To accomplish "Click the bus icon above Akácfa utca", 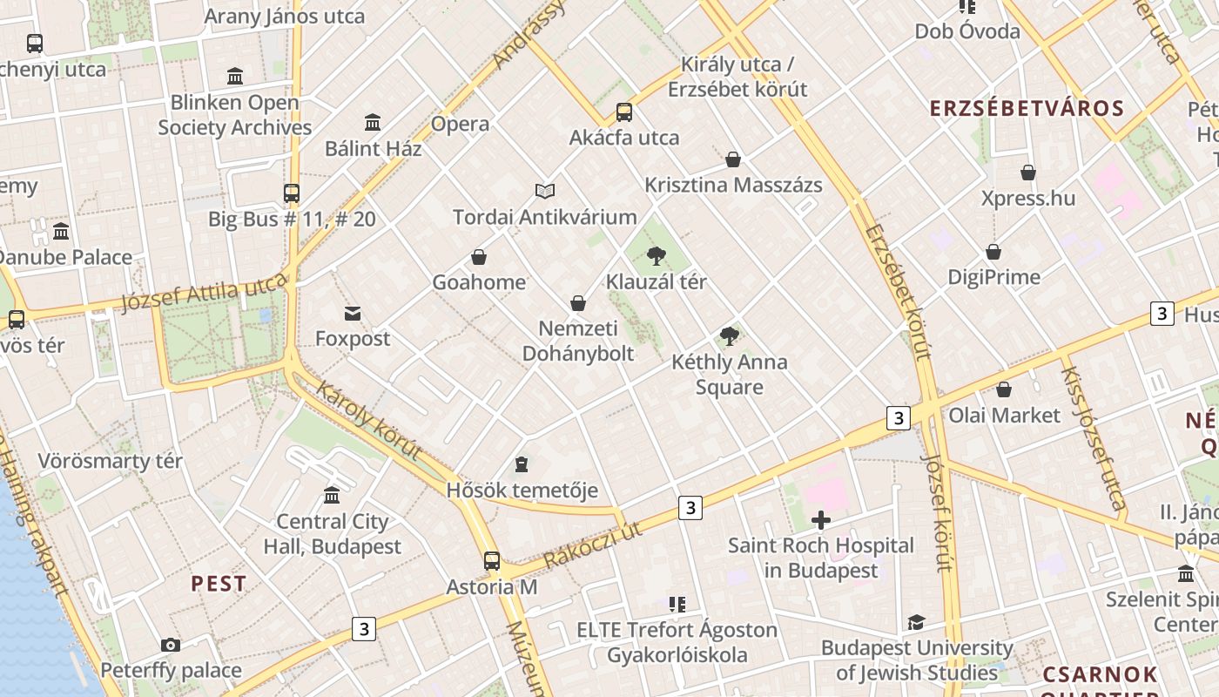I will click(x=624, y=112).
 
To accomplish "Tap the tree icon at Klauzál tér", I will click(x=657, y=256).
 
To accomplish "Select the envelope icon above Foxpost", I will click(x=353, y=313).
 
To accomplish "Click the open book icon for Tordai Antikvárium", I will click(x=545, y=191).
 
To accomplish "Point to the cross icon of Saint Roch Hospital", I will click(x=820, y=520).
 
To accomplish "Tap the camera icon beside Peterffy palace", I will click(x=171, y=645).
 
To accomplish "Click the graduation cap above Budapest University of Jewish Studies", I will click(x=916, y=622).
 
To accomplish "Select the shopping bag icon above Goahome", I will click(x=479, y=257).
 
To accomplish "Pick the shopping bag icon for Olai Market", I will click(x=1004, y=389).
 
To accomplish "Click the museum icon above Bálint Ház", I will click(x=373, y=122).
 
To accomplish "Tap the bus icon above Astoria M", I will click(x=492, y=561).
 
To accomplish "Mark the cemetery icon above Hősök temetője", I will click(x=522, y=464).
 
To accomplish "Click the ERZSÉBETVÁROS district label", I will click(x=1027, y=108).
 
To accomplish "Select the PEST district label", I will click(x=219, y=584).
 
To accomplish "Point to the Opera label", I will click(x=460, y=124).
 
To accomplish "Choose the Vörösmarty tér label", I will click(x=110, y=461).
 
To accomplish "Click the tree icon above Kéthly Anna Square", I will click(x=730, y=336).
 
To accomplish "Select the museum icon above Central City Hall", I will click(x=332, y=496).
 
